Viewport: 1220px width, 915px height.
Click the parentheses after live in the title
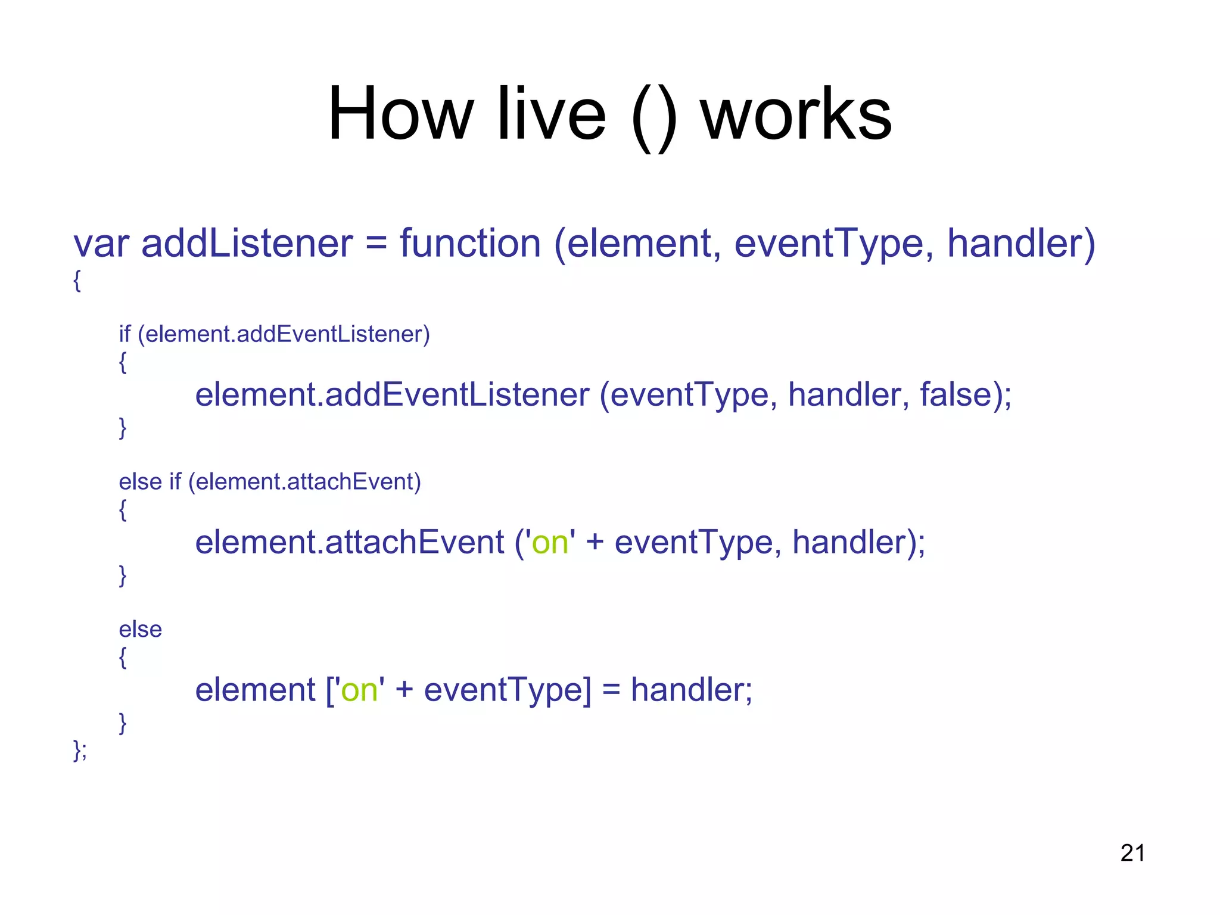(x=653, y=116)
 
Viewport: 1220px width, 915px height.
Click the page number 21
(x=1132, y=853)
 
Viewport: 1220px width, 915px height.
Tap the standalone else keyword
(x=140, y=629)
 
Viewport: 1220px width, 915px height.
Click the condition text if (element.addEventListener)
(x=274, y=334)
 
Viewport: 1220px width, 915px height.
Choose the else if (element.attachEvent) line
(x=269, y=481)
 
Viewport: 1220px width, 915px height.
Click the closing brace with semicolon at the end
(x=80, y=750)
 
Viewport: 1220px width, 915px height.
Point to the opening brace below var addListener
(x=77, y=280)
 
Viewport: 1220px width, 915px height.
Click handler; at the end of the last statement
(x=691, y=690)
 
